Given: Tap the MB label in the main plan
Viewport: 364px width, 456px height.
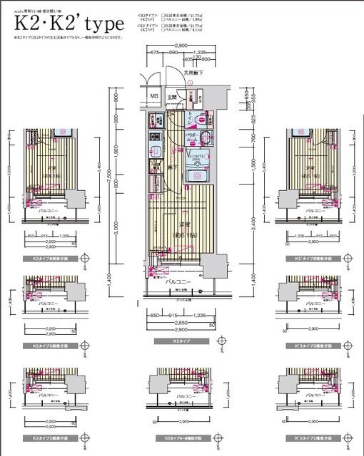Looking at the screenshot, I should point(154,98).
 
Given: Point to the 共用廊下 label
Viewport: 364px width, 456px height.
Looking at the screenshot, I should point(195,72).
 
